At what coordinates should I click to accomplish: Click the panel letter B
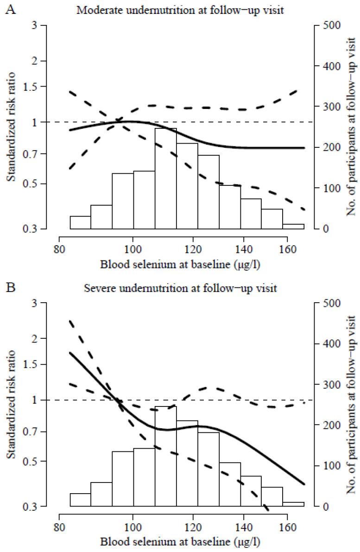point(9,289)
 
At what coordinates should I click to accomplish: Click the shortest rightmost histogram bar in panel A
point(293,226)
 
